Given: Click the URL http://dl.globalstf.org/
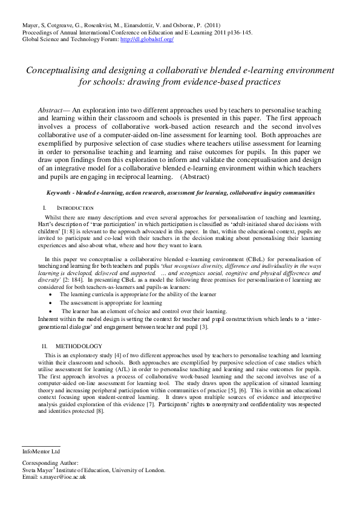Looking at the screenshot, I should click(x=147, y=39).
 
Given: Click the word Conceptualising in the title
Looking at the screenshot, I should click(x=60, y=70).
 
